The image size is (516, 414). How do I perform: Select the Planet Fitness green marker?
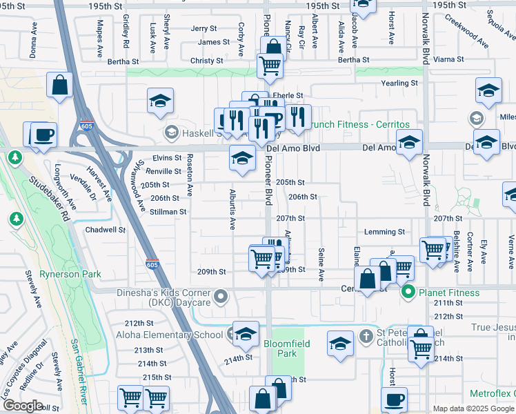point(408,293)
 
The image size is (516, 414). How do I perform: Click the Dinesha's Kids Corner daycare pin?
point(221,297)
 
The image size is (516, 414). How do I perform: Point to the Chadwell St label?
point(105,230)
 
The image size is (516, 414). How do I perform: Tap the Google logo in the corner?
point(23,406)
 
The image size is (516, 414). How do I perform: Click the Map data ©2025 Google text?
point(474,408)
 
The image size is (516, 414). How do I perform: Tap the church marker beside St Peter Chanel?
point(366,337)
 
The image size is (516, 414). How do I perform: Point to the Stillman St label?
point(168,212)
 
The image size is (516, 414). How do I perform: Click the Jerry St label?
point(204,29)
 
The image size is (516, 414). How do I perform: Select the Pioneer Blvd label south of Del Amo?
point(268,188)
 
